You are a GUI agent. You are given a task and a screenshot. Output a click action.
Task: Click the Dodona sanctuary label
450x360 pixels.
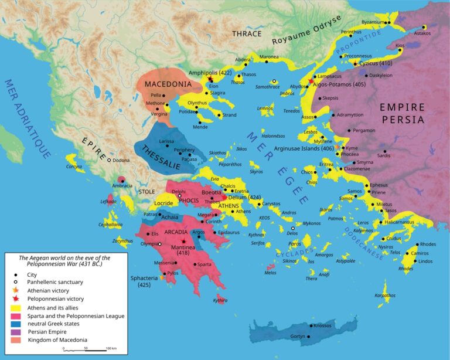pyautogui.click(x=122, y=159)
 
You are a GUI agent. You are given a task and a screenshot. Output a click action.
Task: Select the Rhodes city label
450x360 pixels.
pyautogui.click(x=428, y=244)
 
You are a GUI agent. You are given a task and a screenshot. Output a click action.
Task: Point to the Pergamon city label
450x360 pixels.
pyautogui.click(x=364, y=130)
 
